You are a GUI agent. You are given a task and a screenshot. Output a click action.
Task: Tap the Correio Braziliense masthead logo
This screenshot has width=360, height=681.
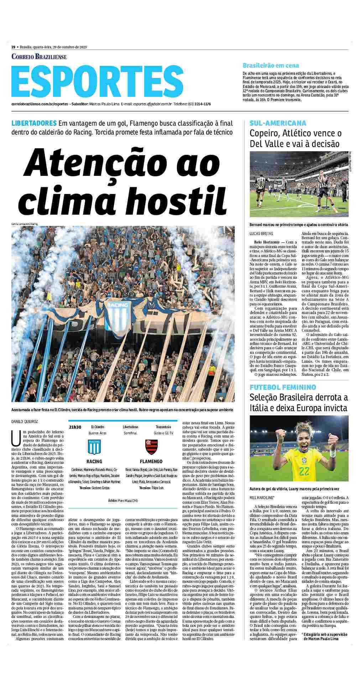pos(39,57)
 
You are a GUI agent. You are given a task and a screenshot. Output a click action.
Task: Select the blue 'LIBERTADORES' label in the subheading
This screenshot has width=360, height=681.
pos(34,123)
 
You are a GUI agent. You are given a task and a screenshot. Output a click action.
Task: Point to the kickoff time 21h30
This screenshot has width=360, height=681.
pos(75,427)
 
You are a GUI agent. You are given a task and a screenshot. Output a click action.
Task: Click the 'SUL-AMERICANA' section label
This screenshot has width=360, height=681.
pos(278,123)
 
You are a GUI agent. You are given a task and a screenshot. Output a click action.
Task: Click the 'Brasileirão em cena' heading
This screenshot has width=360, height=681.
pos(271,66)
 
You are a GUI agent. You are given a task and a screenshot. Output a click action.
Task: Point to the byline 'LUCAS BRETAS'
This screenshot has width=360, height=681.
pos(262,234)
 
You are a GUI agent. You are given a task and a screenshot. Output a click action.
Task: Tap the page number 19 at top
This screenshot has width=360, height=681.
pos(13,47)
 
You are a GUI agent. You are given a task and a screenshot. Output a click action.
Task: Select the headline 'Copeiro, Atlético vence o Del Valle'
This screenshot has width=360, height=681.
pos(295,138)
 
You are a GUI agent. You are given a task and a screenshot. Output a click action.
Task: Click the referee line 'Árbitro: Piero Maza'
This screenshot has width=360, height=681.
pos(122,501)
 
